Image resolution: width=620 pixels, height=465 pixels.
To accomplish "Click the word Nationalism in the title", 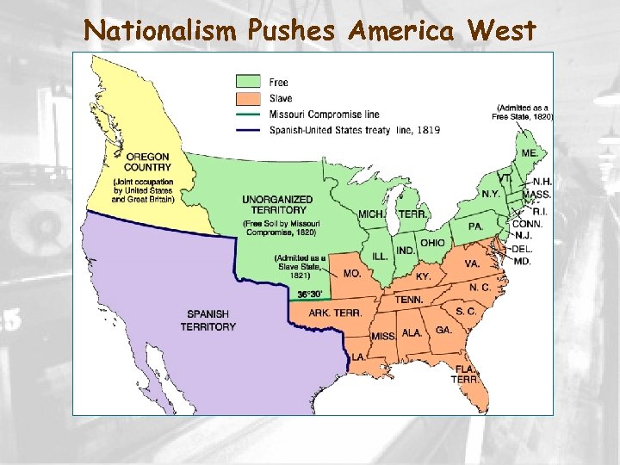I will (161, 31).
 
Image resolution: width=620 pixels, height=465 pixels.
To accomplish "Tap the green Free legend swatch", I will (250, 83).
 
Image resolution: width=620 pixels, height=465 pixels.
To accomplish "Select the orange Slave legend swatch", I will (250, 98).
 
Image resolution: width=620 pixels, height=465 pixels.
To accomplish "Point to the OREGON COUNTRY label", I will (146, 161).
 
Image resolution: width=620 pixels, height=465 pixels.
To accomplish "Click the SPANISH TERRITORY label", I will (208, 320).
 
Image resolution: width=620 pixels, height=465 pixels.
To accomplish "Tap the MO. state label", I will (352, 273).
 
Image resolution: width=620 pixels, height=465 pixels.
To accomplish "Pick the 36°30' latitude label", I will (312, 294).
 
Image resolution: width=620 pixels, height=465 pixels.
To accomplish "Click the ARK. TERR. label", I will (335, 313).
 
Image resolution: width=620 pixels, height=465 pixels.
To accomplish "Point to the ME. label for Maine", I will (530, 152).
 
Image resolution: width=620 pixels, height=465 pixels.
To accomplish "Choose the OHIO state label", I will (433, 243).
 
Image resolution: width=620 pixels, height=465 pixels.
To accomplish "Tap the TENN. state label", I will (409, 300).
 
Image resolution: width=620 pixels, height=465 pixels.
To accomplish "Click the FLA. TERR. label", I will (466, 374).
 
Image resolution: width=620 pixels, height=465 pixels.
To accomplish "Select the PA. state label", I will (475, 226).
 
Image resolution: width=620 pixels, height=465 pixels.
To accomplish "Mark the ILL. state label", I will (380, 257).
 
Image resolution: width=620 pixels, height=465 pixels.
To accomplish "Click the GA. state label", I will (443, 330).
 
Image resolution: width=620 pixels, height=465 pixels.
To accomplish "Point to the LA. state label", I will (356, 356).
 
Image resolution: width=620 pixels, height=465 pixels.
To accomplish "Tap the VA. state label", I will (472, 263).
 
